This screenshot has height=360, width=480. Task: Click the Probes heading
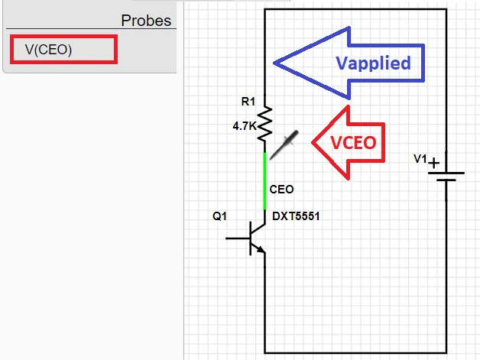pos(146,20)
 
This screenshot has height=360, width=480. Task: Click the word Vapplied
pos(373,63)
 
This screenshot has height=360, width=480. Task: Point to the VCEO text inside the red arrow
pos(354,143)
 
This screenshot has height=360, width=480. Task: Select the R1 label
pos(248,101)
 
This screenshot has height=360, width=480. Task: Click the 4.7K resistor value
pos(245,126)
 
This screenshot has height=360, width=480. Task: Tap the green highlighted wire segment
pos(265,180)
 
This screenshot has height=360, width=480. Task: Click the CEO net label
pos(281,189)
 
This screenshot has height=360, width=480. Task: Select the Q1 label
pos(219,216)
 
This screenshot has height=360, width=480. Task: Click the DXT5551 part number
pos(296,216)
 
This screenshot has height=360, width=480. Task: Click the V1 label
pos(420,159)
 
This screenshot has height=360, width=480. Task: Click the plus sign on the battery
pos(433,163)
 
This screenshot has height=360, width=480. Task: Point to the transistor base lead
pos(238,238)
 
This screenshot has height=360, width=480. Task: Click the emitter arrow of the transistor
pos(261,249)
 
